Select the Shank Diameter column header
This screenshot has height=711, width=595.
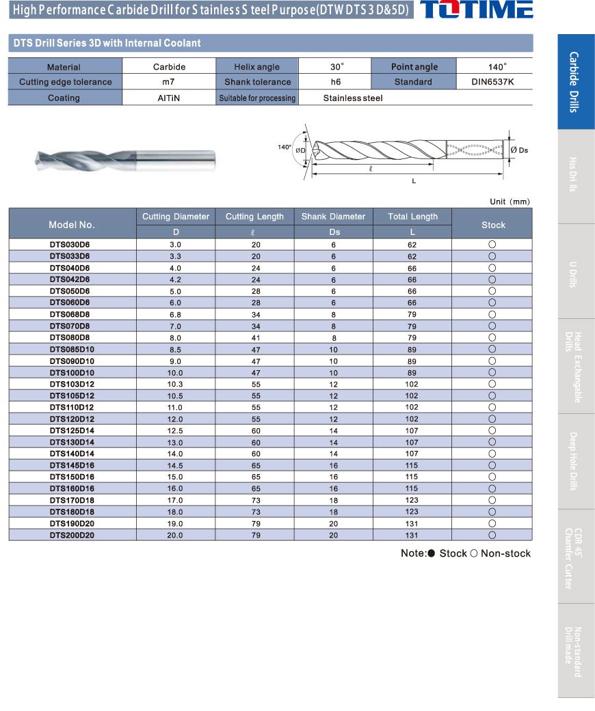coord(334,217)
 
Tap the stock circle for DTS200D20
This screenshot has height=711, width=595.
coord(492,535)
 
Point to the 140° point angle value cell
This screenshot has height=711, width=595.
coord(497,67)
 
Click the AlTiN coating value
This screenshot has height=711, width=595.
coord(169,98)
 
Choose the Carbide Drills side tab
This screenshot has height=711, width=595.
coord(576,82)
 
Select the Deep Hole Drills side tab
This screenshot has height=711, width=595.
coord(576,461)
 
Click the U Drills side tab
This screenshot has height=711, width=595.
coord(576,272)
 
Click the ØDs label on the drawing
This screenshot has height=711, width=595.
coord(520,150)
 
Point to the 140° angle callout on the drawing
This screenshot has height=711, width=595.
coord(285,147)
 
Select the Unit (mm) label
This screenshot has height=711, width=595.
coord(510,201)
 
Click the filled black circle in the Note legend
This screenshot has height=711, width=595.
coord(431,554)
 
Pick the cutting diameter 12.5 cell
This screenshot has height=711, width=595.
coord(176,430)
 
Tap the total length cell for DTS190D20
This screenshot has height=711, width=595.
coord(412,524)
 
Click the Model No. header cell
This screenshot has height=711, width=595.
coord(72,225)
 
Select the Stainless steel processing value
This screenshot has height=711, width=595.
coord(353,98)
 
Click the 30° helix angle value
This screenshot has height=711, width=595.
coord(336,67)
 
